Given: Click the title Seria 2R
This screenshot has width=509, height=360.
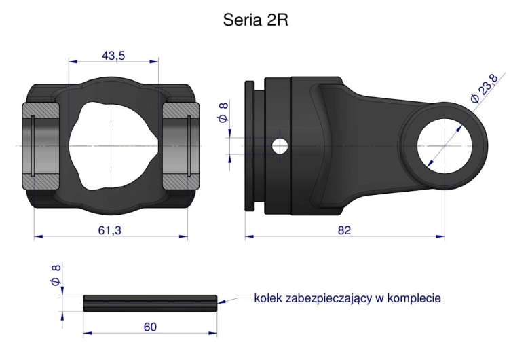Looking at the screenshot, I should point(254,21).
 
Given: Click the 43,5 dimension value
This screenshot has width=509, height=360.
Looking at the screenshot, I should point(113,56).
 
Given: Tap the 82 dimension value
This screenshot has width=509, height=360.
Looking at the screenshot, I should point(344,231).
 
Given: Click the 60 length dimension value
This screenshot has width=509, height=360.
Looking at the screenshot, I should point(150,327).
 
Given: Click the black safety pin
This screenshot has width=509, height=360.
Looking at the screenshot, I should point(150,302).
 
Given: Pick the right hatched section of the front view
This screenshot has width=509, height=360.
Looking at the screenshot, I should point(179,145).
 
